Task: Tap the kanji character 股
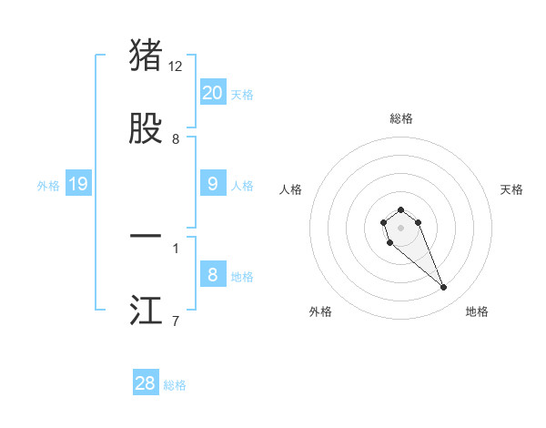point(147,128)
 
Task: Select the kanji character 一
point(147,236)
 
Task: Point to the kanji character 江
point(147,311)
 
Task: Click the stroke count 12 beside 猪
point(176,66)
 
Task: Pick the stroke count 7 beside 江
point(176,321)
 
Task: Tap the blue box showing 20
point(213,93)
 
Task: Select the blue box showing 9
point(213,184)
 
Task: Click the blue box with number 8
point(213,275)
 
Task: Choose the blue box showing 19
point(78,184)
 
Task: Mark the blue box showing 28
point(146,383)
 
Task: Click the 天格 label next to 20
point(242,95)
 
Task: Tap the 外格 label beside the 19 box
point(48,186)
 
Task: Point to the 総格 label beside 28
point(175,385)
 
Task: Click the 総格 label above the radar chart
point(401,118)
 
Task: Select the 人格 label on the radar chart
point(291,189)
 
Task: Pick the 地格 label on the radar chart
point(477,311)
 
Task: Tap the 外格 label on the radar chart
point(320,311)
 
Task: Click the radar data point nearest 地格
point(444,288)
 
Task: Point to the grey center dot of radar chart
point(400,228)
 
